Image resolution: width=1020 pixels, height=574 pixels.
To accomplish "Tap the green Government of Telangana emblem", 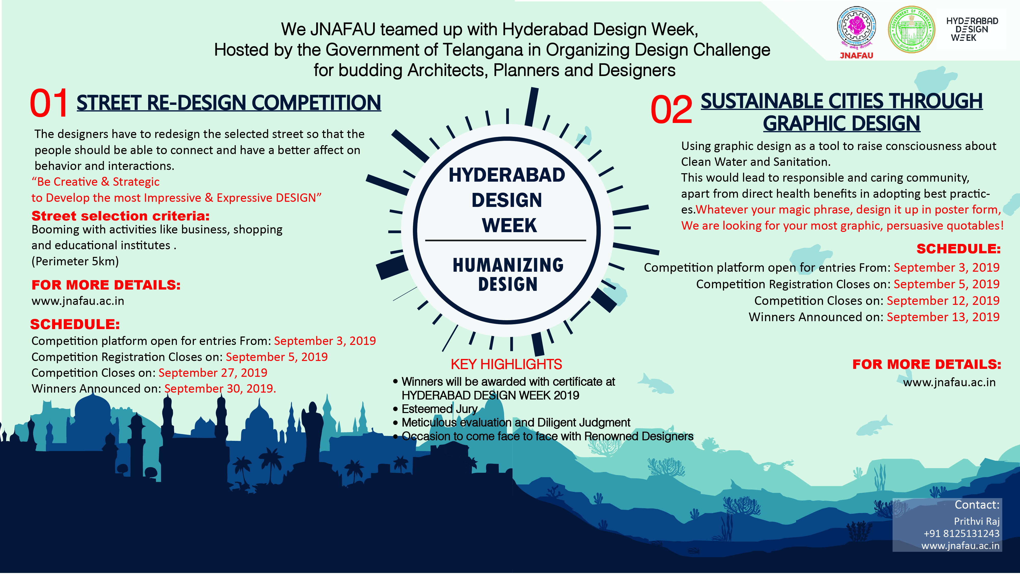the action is [912, 29].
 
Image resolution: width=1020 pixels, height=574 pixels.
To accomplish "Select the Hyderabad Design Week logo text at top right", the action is [972, 29].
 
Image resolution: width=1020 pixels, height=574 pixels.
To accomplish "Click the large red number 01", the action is [49, 103].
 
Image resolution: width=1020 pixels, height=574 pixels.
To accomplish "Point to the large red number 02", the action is [672, 109].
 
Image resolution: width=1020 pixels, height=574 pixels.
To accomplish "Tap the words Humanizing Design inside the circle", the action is [508, 274].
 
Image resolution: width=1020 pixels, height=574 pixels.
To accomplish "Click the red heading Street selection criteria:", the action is [120, 216].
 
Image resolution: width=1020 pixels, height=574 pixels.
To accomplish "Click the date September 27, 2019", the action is [213, 373].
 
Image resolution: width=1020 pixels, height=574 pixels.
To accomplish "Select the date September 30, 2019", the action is [220, 389].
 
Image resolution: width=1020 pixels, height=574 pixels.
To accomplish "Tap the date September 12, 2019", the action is [943, 301].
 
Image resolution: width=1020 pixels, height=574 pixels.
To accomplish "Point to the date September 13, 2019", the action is [943, 317].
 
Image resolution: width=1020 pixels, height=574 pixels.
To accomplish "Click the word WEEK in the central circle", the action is [509, 226].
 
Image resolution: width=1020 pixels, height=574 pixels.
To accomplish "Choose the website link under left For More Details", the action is [78, 301].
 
